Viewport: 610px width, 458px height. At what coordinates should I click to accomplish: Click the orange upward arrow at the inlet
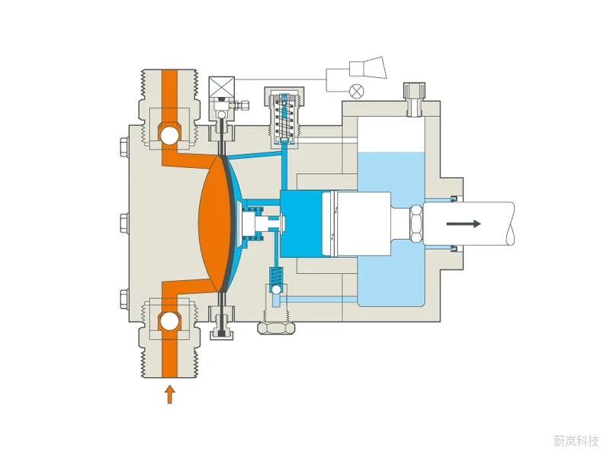[x=169, y=395]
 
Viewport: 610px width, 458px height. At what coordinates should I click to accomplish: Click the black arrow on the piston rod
[x=464, y=224]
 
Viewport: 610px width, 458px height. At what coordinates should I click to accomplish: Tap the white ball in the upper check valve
[x=169, y=135]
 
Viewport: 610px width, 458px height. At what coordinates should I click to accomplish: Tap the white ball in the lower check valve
[x=169, y=321]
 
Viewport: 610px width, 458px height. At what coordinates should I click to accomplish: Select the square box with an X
[x=222, y=87]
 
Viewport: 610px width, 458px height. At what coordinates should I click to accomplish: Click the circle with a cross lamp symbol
[x=356, y=92]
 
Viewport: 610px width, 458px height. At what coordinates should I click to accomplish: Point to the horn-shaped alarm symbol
[x=368, y=68]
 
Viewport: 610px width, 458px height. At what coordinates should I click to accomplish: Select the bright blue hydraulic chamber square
[x=301, y=224]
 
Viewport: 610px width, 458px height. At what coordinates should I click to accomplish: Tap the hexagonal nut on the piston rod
[x=416, y=224]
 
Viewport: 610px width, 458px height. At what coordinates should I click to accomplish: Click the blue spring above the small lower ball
[x=276, y=276]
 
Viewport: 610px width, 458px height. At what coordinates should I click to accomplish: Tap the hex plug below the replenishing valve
[x=276, y=327]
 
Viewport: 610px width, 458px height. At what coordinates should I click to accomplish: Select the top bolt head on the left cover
[x=124, y=147]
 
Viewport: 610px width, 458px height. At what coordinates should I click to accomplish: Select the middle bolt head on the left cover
[x=124, y=223]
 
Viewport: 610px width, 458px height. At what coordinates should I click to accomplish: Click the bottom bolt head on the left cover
[x=124, y=299]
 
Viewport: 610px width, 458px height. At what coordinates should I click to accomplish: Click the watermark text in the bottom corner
[x=576, y=441]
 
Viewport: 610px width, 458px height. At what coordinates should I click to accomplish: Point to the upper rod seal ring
[x=454, y=199]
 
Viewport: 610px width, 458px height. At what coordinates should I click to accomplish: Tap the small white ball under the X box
[x=222, y=114]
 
